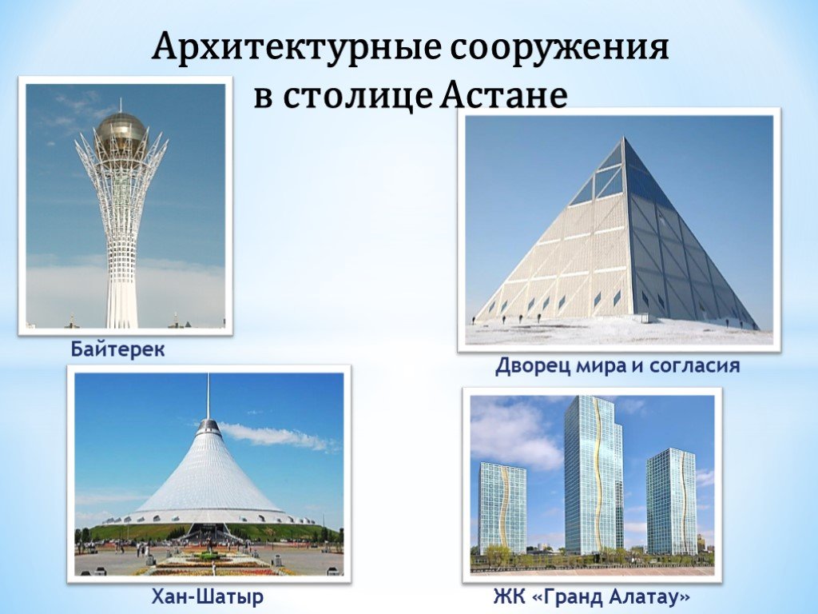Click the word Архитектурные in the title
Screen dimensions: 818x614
296,48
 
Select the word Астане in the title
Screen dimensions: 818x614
502,95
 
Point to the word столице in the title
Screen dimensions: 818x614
358,97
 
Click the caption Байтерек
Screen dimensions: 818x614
118,349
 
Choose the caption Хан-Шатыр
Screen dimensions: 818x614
208,596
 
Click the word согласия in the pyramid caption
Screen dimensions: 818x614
695,366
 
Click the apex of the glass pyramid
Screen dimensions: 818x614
623,138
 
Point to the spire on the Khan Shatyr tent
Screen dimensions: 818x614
208,397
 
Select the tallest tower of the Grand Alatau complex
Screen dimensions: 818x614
594,474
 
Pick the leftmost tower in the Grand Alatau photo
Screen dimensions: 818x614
502,507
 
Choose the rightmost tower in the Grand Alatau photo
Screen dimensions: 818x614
671,500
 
